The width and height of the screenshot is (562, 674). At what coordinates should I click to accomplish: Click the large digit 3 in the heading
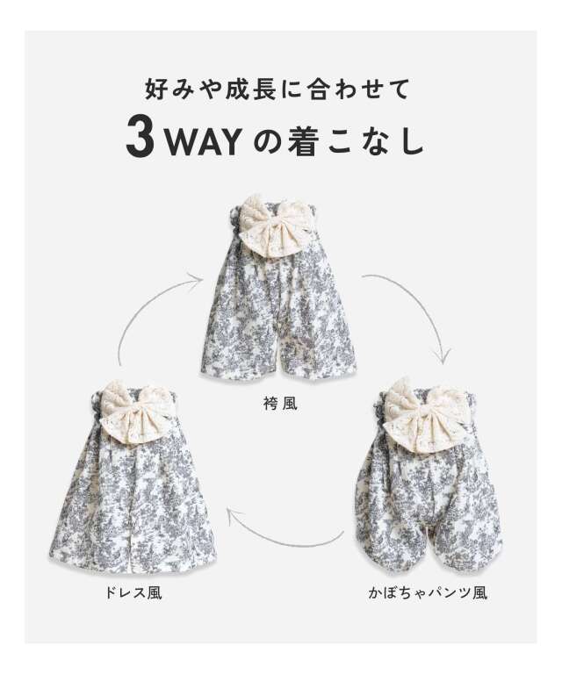coord(140,139)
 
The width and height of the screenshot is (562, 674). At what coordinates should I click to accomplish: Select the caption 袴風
coord(280,404)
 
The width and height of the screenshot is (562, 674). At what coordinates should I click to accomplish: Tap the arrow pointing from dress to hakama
coord(146,301)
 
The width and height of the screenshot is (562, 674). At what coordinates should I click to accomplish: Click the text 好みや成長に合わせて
coord(277,89)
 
